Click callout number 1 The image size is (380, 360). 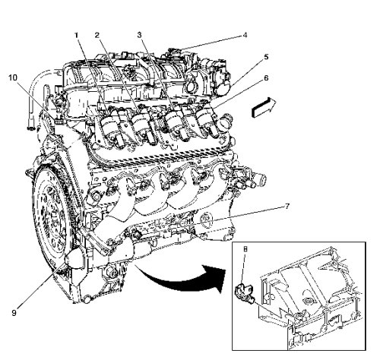point(76,35)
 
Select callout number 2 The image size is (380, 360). point(97,35)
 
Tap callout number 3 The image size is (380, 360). point(139,35)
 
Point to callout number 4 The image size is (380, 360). point(245,35)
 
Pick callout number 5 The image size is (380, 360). point(266,57)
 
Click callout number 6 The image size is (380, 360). point(266,78)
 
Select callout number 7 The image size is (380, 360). point(287,207)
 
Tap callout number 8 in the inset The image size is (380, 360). point(245,249)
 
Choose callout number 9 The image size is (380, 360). point(14,313)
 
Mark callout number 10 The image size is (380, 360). point(13,77)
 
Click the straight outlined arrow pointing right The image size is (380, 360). point(264,108)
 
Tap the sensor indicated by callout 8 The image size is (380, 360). point(245,294)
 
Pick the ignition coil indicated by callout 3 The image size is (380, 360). point(176,124)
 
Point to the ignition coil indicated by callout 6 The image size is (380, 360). point(207,120)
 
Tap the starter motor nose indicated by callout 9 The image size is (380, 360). point(74,257)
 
